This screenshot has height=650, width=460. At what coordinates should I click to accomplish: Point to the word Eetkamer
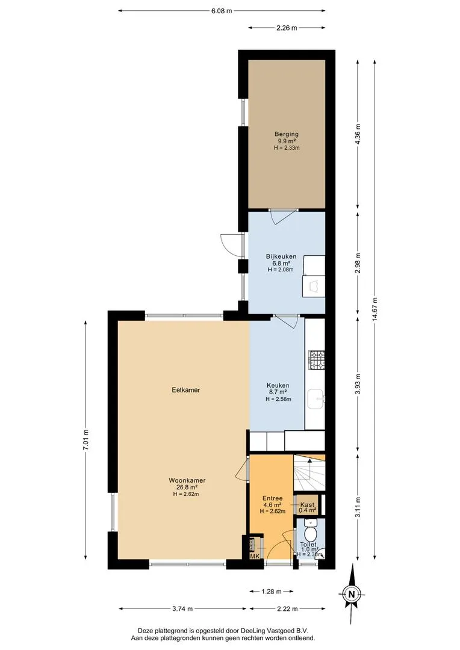pos(186,390)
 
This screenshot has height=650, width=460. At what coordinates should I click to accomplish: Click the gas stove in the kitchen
pos(317,361)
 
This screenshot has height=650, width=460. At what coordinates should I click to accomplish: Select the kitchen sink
pos(316,400)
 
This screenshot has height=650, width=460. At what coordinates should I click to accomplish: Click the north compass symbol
pos(352,594)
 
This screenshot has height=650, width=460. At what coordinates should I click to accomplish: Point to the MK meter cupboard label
pos(255,556)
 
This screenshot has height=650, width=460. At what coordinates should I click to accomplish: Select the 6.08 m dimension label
pos(222,11)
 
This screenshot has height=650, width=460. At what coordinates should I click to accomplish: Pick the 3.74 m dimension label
pos(182,609)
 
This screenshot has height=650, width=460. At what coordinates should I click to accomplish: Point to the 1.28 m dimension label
pos(272,592)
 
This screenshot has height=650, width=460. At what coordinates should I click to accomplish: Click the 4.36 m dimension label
pos(358,134)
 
